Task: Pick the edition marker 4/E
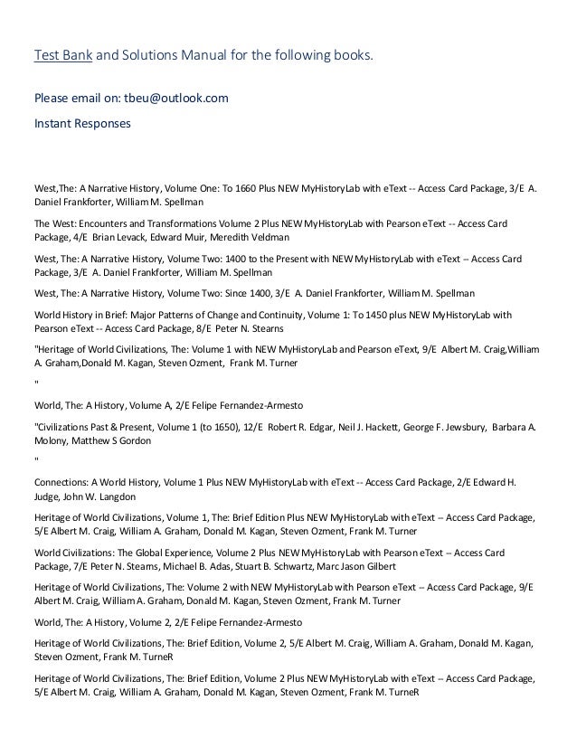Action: pos(80,236)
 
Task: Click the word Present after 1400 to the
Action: pos(319,257)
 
